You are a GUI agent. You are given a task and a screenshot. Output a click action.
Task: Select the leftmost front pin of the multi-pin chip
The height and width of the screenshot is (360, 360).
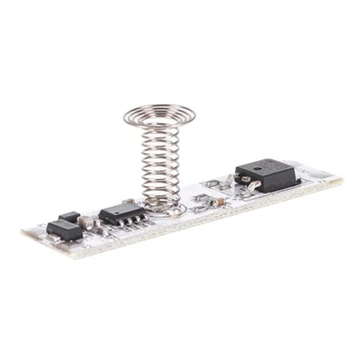(x=109, y=226)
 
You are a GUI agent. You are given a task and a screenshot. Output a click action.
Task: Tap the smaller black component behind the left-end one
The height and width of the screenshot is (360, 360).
(x=67, y=217)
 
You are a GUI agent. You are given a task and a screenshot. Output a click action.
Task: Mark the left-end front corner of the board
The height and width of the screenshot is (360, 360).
(x=24, y=236)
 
